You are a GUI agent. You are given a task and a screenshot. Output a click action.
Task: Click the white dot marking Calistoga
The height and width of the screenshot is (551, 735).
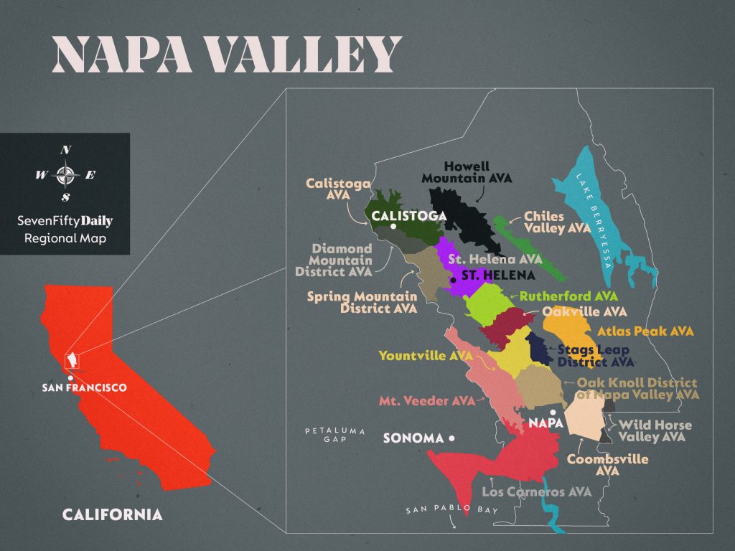[x=393, y=227]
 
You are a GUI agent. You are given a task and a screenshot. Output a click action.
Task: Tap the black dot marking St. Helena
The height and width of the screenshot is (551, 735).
[x=453, y=279]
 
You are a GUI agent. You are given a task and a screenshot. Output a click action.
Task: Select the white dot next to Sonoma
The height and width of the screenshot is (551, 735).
[x=451, y=438]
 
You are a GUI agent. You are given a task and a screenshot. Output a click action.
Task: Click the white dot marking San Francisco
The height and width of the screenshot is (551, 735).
[x=70, y=378]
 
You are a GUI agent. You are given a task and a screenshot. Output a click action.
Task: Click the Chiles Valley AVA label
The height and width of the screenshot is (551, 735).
[x=557, y=222]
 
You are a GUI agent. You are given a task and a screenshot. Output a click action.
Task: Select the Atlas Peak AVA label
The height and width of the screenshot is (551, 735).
[x=645, y=331]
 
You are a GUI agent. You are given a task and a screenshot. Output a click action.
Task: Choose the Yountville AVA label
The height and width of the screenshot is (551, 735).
[x=426, y=355]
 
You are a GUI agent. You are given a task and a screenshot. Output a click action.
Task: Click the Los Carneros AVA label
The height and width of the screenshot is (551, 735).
[x=536, y=492]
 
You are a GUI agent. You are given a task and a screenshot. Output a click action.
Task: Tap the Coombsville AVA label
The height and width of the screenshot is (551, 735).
[x=607, y=465]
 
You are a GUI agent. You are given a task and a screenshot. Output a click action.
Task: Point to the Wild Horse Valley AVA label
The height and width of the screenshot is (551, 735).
[x=655, y=430]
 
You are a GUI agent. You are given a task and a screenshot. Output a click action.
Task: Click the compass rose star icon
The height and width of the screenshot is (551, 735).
[x=65, y=174]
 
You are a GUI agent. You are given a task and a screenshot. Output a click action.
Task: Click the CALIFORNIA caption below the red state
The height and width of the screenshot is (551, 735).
[x=112, y=514]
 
